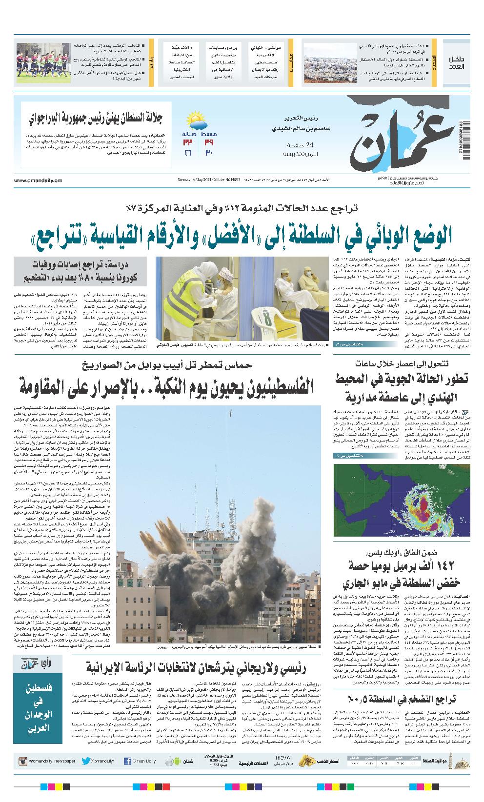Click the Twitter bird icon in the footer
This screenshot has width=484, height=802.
tap(86, 761)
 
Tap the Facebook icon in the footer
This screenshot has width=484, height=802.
tap(127, 761)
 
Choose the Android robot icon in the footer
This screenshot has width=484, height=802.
tap(169, 761)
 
